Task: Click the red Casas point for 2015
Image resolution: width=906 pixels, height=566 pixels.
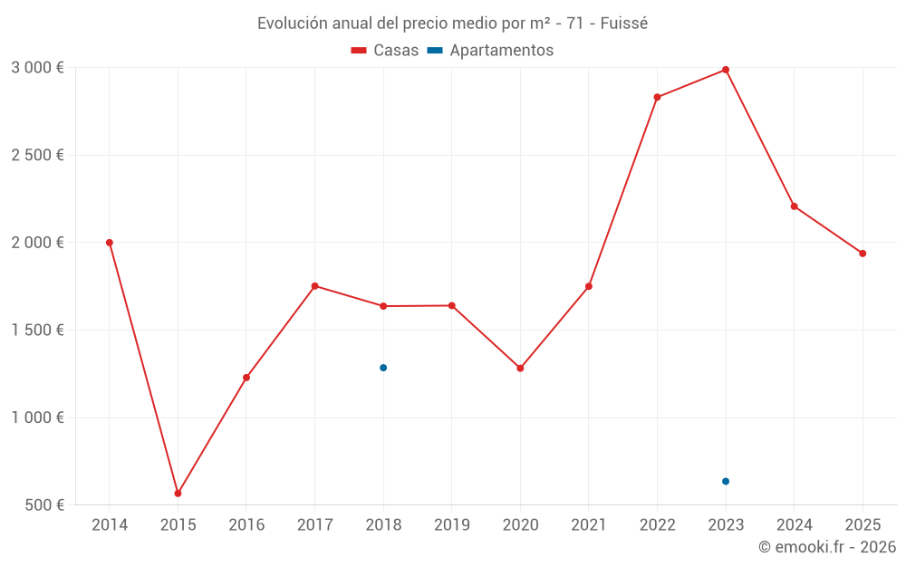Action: pos(178,494)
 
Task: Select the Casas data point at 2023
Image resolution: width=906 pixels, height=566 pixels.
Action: pos(726,70)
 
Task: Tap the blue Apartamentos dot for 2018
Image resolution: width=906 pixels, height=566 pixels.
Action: pos(383,368)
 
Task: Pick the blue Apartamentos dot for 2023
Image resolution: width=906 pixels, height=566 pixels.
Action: pos(726,481)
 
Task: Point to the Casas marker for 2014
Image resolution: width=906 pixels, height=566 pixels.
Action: pos(110,243)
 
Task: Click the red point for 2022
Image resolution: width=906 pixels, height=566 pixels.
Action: pos(657,97)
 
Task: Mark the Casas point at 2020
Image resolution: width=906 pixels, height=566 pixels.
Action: pos(520,369)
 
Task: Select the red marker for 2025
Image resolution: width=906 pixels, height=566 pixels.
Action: pos(863,254)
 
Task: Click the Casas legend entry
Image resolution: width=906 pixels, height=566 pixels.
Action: pos(385,51)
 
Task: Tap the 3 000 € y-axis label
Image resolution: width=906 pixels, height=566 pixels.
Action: pos(37,68)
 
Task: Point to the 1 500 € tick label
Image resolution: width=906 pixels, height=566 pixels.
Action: pos(37,331)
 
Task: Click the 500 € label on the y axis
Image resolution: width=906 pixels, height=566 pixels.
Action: pos(43,505)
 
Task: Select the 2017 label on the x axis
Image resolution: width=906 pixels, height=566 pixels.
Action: pos(314,525)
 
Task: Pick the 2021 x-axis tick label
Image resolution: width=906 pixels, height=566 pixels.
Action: pos(588,525)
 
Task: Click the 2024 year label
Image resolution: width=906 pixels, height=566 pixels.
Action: pos(794,525)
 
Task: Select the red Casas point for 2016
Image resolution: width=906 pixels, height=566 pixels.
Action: pos(246,378)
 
